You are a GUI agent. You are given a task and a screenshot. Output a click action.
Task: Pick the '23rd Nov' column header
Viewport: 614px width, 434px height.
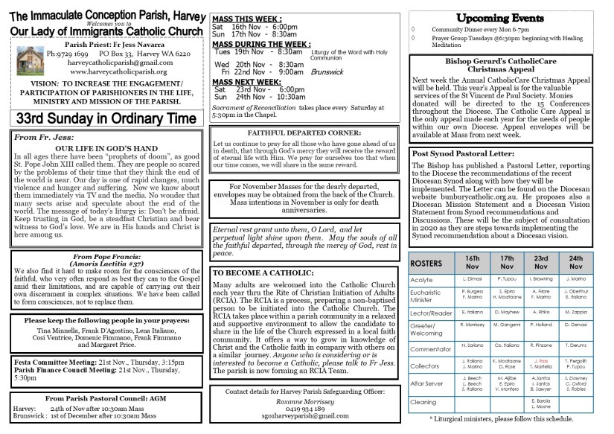(542, 264)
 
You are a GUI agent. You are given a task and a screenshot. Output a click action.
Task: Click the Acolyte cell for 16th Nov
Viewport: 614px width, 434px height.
(473, 279)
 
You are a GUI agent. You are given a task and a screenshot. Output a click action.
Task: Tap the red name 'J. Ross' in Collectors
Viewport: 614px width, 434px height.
(541, 361)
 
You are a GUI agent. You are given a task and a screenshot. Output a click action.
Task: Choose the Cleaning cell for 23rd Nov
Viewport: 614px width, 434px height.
(542, 403)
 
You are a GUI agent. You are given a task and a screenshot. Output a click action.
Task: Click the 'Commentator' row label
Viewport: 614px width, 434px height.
(432, 348)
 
